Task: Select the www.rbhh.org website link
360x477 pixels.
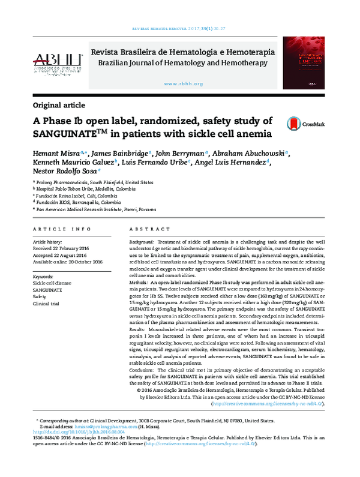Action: [x=182, y=84]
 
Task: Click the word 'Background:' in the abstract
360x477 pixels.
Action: [x=142, y=241]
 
